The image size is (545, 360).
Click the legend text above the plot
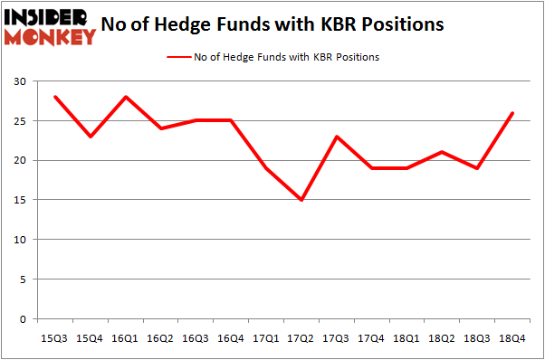tap(286, 57)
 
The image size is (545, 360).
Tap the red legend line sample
tap(177, 57)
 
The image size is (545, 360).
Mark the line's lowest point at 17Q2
tap(300, 200)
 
